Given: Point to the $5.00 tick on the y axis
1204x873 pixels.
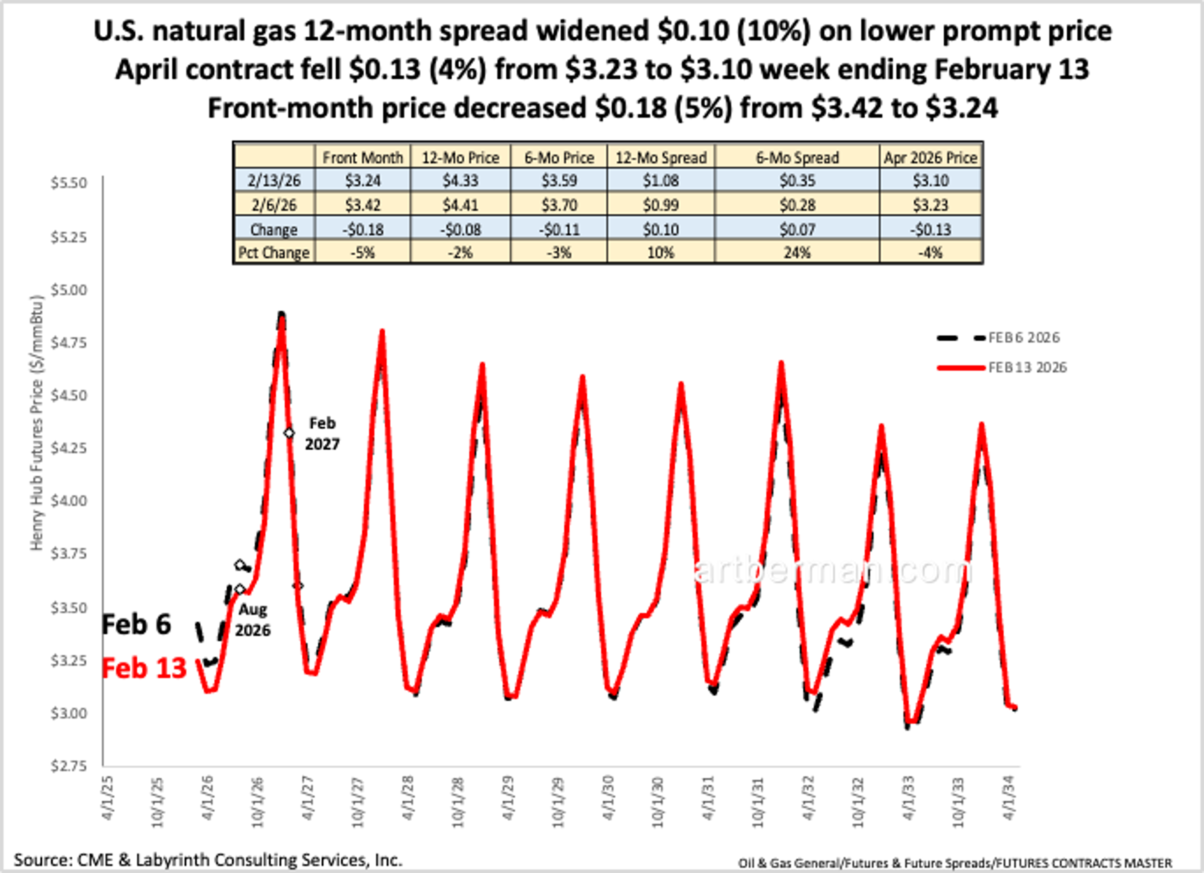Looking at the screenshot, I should point(68,290).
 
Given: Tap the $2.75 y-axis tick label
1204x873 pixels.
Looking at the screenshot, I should point(68,766).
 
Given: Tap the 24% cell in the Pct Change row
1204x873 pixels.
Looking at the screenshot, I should point(796,253).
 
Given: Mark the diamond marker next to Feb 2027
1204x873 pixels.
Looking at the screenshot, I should point(289,433).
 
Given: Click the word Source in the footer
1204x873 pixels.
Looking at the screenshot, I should point(40,859).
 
